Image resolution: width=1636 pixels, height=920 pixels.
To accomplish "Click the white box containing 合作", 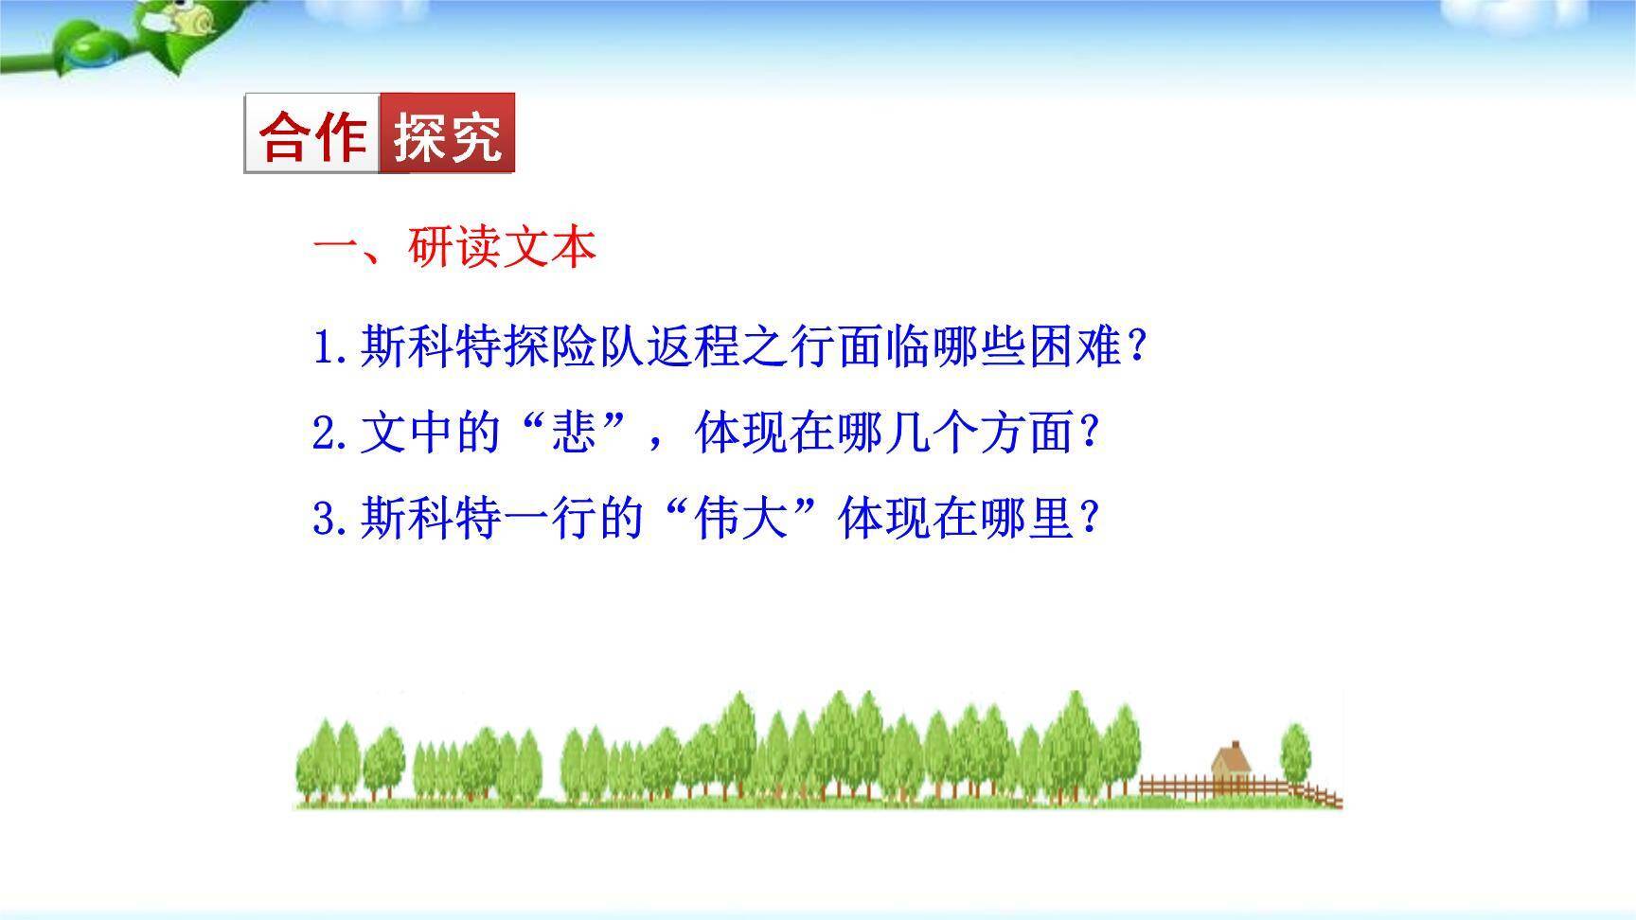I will click(312, 133).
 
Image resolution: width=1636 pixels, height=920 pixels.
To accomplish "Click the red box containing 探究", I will click(447, 133).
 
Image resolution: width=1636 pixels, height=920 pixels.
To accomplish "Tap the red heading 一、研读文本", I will click(454, 248).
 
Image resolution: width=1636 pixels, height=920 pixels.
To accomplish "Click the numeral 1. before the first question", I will click(331, 348).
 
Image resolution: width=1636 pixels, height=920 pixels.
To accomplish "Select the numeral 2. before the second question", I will click(331, 434).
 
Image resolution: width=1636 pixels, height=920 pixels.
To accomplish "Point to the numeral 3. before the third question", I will click(331, 520).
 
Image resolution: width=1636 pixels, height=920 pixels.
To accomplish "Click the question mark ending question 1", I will click(1138, 348).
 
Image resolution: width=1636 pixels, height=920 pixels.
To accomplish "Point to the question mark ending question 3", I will click(1089, 520).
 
